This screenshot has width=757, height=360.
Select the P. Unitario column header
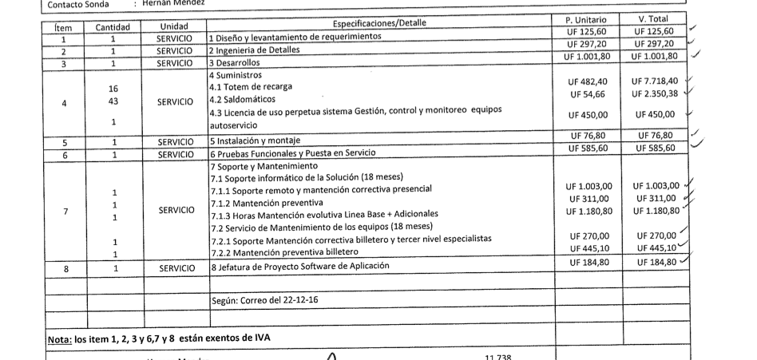pyautogui.click(x=585, y=18)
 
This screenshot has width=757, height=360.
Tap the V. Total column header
pyautogui.click(x=654, y=18)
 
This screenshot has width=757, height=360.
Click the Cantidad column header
pyautogui.click(x=113, y=27)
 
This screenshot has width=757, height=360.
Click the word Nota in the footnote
pyautogui.click(x=59, y=338)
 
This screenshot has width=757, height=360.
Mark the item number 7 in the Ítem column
pyautogui.click(x=65, y=211)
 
